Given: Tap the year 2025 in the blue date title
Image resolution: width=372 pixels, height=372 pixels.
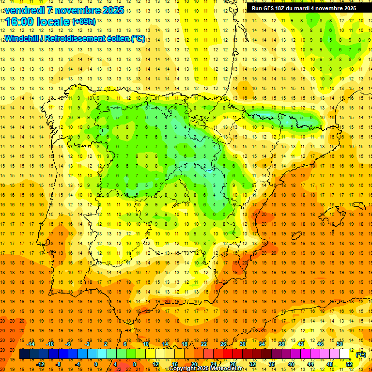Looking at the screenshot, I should coord(112,10).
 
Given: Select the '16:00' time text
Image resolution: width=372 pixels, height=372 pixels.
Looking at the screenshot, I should coord(19,22).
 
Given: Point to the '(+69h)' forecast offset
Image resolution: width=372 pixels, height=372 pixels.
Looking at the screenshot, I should coord(84,22).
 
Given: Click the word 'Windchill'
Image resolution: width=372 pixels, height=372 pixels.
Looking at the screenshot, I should coord(21,38).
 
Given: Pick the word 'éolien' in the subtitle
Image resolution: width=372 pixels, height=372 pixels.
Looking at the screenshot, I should coord(115,38).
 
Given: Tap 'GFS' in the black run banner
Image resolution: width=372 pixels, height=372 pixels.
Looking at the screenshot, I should coord(272,8).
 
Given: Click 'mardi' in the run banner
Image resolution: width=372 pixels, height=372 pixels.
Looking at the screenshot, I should coord(306,8).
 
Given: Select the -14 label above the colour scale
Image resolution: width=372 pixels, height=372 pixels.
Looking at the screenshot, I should coord(31,344).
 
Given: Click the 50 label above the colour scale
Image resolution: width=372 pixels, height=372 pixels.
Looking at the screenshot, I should coord(339,344).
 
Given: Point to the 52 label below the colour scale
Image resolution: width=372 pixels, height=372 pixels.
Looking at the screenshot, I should coord(349,364).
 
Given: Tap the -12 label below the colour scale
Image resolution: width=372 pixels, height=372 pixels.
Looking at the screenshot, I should coord(40,364).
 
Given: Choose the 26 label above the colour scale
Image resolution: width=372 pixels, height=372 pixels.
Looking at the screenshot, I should coord(223,344).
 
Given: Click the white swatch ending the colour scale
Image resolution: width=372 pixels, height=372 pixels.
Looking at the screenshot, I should coord(344,354).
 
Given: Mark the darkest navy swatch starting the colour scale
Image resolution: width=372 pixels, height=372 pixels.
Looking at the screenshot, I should coord(24,354).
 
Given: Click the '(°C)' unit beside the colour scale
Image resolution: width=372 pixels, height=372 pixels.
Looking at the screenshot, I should coord(361,355).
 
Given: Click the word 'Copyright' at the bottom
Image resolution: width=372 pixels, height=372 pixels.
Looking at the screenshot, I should coord(184,369).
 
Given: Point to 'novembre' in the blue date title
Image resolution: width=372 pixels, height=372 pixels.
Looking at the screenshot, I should coord(77,10).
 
